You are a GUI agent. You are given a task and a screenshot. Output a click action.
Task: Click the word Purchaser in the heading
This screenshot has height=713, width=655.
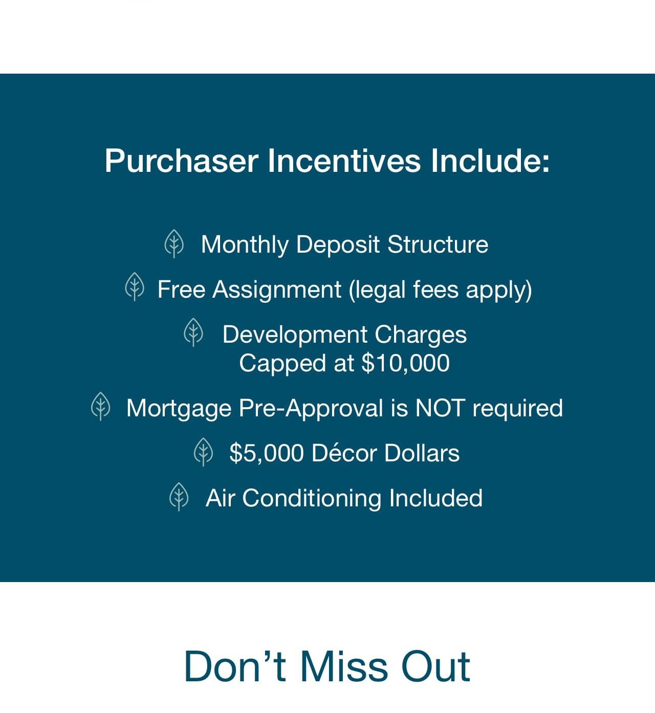pyautogui.click(x=181, y=161)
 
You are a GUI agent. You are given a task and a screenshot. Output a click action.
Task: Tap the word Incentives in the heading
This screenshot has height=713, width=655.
pyautogui.click(x=344, y=161)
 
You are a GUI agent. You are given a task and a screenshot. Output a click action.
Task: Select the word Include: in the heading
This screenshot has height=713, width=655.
pyautogui.click(x=490, y=161)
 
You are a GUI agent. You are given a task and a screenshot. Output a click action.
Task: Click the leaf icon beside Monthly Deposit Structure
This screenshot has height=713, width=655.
pyautogui.click(x=174, y=244)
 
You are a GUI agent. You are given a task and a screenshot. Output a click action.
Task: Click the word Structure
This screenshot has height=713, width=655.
pyautogui.click(x=438, y=244)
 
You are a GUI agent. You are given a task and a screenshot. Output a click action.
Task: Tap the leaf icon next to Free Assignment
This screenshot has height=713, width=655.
pyautogui.click(x=135, y=287)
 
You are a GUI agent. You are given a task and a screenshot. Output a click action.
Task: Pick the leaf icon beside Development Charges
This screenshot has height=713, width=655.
pyautogui.click(x=193, y=332)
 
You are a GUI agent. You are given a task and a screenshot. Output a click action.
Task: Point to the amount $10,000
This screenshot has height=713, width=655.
pyautogui.click(x=405, y=363)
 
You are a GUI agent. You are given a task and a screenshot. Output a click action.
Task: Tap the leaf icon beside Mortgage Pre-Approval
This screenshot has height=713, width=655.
pyautogui.click(x=101, y=406)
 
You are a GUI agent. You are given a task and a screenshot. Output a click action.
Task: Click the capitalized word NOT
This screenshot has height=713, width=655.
pyautogui.click(x=440, y=408)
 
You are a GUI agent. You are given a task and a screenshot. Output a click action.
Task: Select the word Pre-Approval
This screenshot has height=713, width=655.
pyautogui.click(x=311, y=409)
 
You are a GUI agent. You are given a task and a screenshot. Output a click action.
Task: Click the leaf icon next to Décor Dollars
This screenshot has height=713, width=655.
pyautogui.click(x=203, y=452)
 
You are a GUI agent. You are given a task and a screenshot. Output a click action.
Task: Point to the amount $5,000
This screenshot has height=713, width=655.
pyautogui.click(x=267, y=453)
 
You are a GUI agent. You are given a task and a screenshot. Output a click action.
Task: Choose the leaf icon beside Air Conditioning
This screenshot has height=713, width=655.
pyautogui.click(x=179, y=497)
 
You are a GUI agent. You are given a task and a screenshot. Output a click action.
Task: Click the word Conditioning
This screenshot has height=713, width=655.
pyautogui.click(x=312, y=499)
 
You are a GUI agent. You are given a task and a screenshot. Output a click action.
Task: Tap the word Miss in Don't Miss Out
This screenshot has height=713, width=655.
pyautogui.click(x=344, y=666)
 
